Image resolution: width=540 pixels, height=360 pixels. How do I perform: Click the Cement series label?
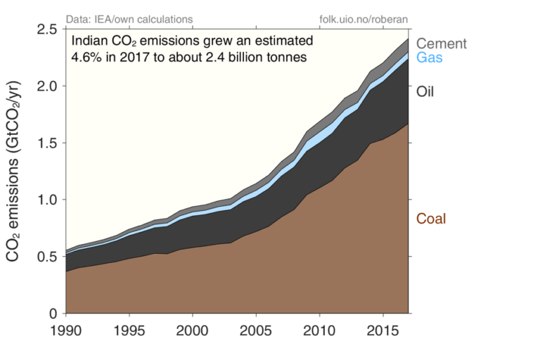coord(441,44)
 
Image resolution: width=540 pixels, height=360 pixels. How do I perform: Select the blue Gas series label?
coord(429,58)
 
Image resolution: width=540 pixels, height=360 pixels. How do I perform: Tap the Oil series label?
coord(426,91)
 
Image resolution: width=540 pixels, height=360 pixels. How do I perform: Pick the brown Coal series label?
coord(431,219)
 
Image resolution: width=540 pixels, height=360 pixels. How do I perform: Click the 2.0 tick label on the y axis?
coord(46,86)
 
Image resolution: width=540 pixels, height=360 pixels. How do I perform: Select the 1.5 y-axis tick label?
coord(46,143)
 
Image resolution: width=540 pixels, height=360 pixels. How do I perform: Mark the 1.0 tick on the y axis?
coord(46,200)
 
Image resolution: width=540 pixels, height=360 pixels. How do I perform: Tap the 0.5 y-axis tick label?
coord(46,257)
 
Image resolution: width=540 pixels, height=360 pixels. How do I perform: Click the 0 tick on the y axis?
coord(53,314)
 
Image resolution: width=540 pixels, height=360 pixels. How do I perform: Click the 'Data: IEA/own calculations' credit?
coord(128,18)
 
